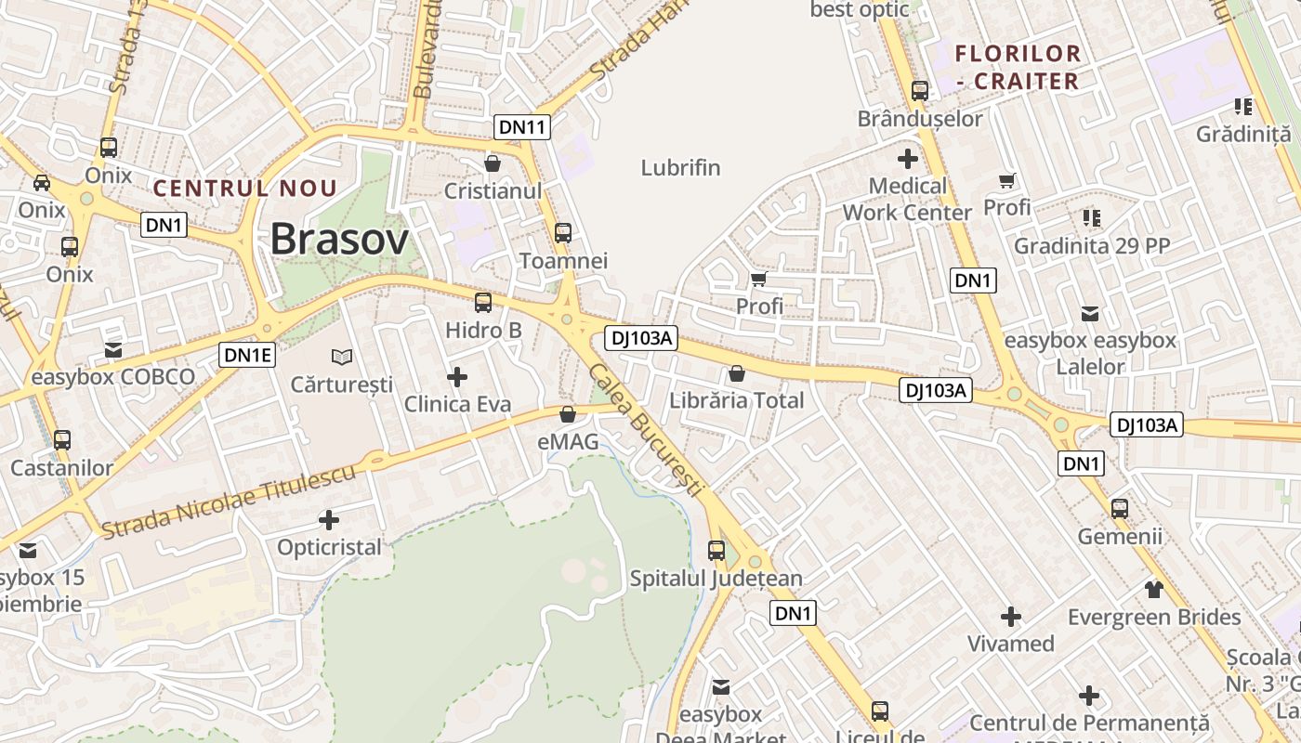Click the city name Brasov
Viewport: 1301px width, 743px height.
click(339, 240)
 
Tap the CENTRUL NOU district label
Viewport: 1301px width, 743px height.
click(245, 189)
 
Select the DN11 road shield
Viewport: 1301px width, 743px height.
click(522, 127)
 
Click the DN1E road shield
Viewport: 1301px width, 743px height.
click(248, 354)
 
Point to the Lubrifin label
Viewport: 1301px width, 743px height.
click(680, 168)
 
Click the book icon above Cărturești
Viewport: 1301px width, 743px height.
click(342, 357)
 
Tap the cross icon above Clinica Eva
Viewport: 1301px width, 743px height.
click(457, 377)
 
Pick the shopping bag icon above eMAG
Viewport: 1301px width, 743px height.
click(568, 414)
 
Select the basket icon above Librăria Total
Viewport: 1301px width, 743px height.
click(737, 373)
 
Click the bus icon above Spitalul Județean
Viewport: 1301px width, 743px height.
click(716, 550)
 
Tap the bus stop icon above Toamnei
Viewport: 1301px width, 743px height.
click(563, 233)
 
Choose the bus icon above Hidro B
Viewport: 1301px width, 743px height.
click(483, 302)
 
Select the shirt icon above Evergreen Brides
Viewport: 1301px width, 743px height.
click(1154, 589)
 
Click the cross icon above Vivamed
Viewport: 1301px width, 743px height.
click(1011, 616)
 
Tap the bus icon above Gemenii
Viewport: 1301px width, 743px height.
click(1120, 508)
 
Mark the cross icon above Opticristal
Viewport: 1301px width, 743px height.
click(329, 520)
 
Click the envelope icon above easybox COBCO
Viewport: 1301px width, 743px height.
click(113, 350)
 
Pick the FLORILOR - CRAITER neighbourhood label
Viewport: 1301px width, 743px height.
click(1018, 67)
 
